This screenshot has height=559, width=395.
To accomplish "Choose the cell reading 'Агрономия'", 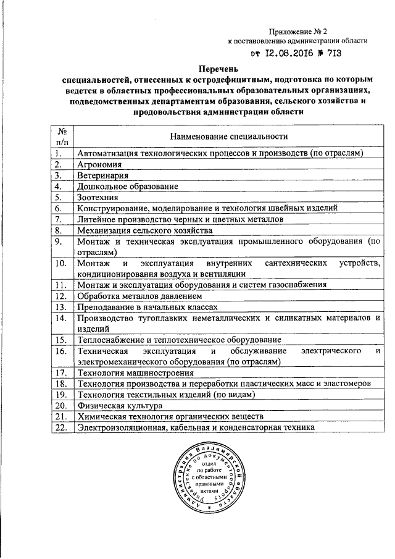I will (99, 164).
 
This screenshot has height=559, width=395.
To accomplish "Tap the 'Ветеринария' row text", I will (102, 175).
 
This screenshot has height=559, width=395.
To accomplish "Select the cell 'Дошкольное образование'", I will (127, 186).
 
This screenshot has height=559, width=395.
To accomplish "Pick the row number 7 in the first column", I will (59, 219).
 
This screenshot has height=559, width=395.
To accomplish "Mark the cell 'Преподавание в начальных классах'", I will (147, 306).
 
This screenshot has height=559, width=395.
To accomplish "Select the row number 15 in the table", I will (60, 340).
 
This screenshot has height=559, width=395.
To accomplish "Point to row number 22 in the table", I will (60, 427).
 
